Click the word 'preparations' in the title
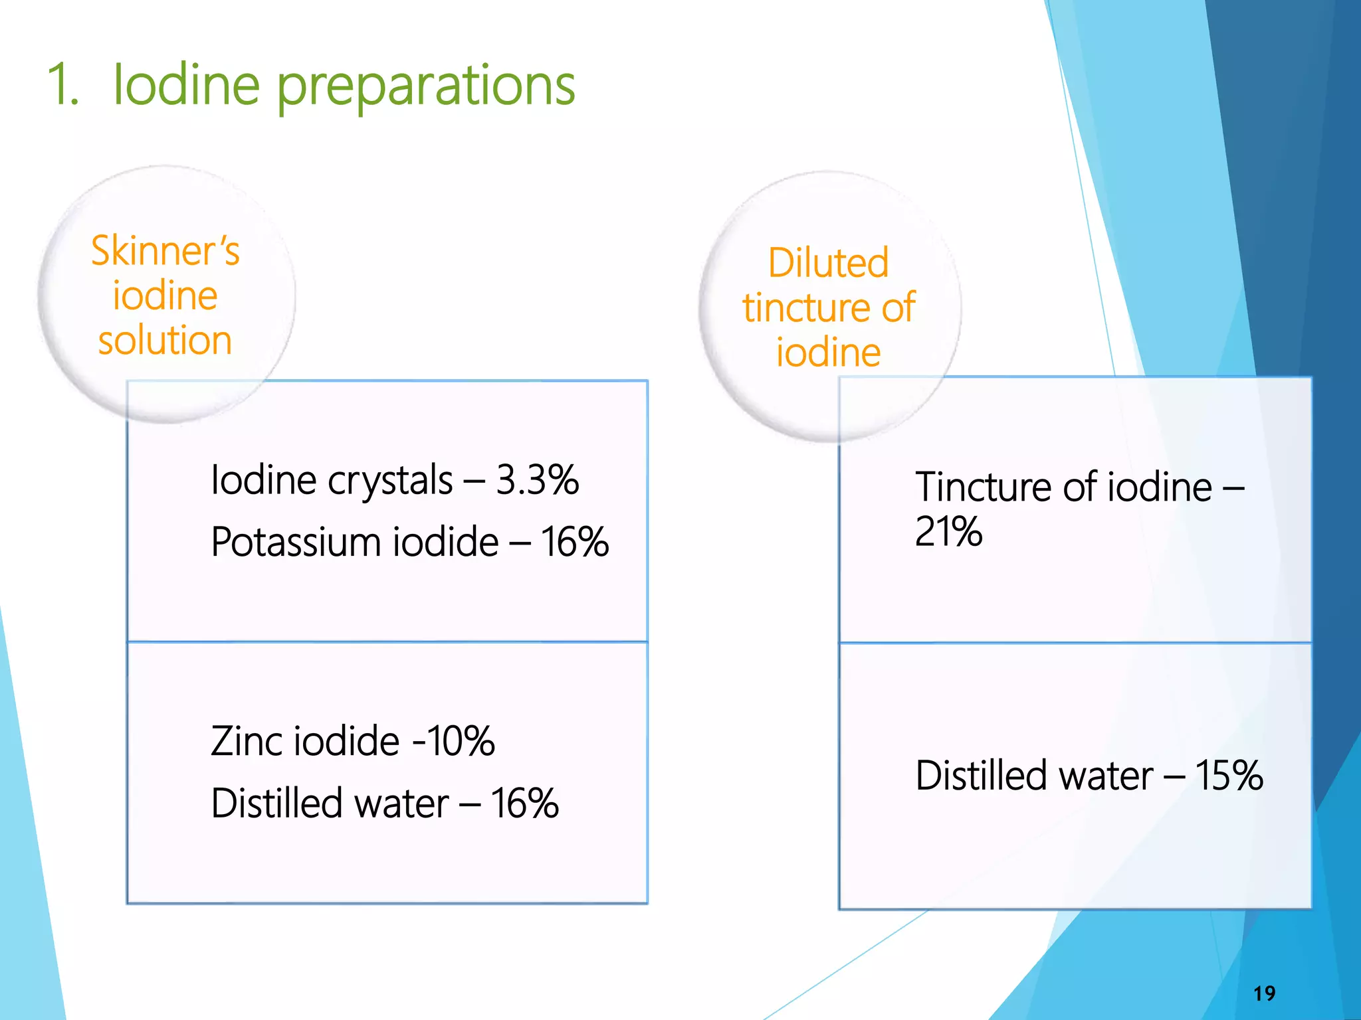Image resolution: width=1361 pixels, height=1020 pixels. (x=425, y=86)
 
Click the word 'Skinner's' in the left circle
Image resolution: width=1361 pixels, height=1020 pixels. (x=165, y=251)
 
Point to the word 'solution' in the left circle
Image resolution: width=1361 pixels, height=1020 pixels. (x=165, y=340)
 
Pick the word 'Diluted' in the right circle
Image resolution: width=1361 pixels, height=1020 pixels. (x=828, y=262)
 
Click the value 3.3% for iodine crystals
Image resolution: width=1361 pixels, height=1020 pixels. (x=537, y=479)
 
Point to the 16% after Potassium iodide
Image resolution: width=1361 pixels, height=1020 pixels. (x=575, y=542)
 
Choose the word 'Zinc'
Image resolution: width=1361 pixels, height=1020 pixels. (x=247, y=741)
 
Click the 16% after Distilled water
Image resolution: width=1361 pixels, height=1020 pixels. (x=525, y=804)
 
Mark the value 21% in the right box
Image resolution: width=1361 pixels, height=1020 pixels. (x=948, y=531)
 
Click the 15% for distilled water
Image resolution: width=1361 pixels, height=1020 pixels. (x=1229, y=775)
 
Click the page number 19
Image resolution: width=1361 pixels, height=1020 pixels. (x=1264, y=993)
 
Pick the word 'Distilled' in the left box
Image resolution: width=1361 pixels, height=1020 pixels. (x=276, y=804)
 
